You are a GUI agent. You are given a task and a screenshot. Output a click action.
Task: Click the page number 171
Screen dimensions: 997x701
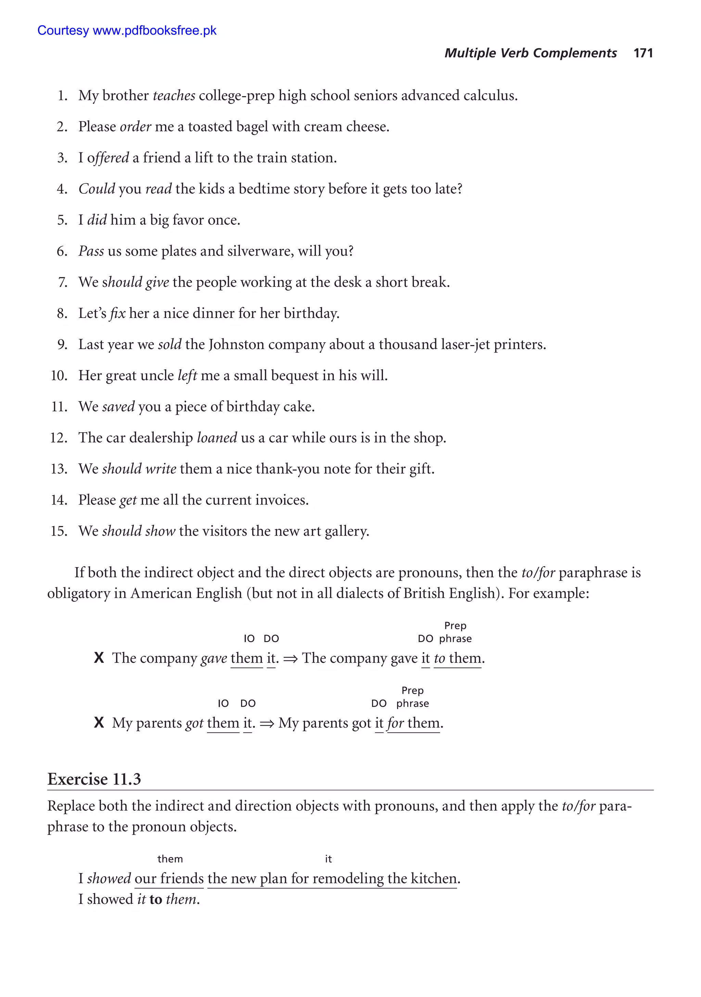[x=643, y=53]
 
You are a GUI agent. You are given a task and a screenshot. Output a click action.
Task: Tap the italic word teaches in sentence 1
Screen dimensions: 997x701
[x=174, y=95]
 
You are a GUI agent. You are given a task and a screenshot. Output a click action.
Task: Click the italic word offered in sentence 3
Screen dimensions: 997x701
[x=108, y=158]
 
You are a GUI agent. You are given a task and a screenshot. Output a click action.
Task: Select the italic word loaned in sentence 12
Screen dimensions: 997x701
[x=217, y=438]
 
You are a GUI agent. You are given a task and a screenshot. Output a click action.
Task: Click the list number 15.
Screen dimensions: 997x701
[x=59, y=531]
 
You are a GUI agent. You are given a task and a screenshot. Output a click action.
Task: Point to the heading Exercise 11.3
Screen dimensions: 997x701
[x=94, y=779]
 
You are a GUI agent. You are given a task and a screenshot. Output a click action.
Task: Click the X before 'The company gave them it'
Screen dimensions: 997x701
[x=99, y=658]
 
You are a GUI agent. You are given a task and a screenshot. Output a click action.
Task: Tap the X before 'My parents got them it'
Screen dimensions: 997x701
[x=99, y=723]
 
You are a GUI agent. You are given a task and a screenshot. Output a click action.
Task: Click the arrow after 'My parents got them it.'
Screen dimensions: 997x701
[x=267, y=723]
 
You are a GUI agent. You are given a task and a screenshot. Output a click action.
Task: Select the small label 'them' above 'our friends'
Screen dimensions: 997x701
[x=170, y=859]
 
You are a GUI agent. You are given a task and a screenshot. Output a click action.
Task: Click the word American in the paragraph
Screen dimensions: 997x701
[x=163, y=593]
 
